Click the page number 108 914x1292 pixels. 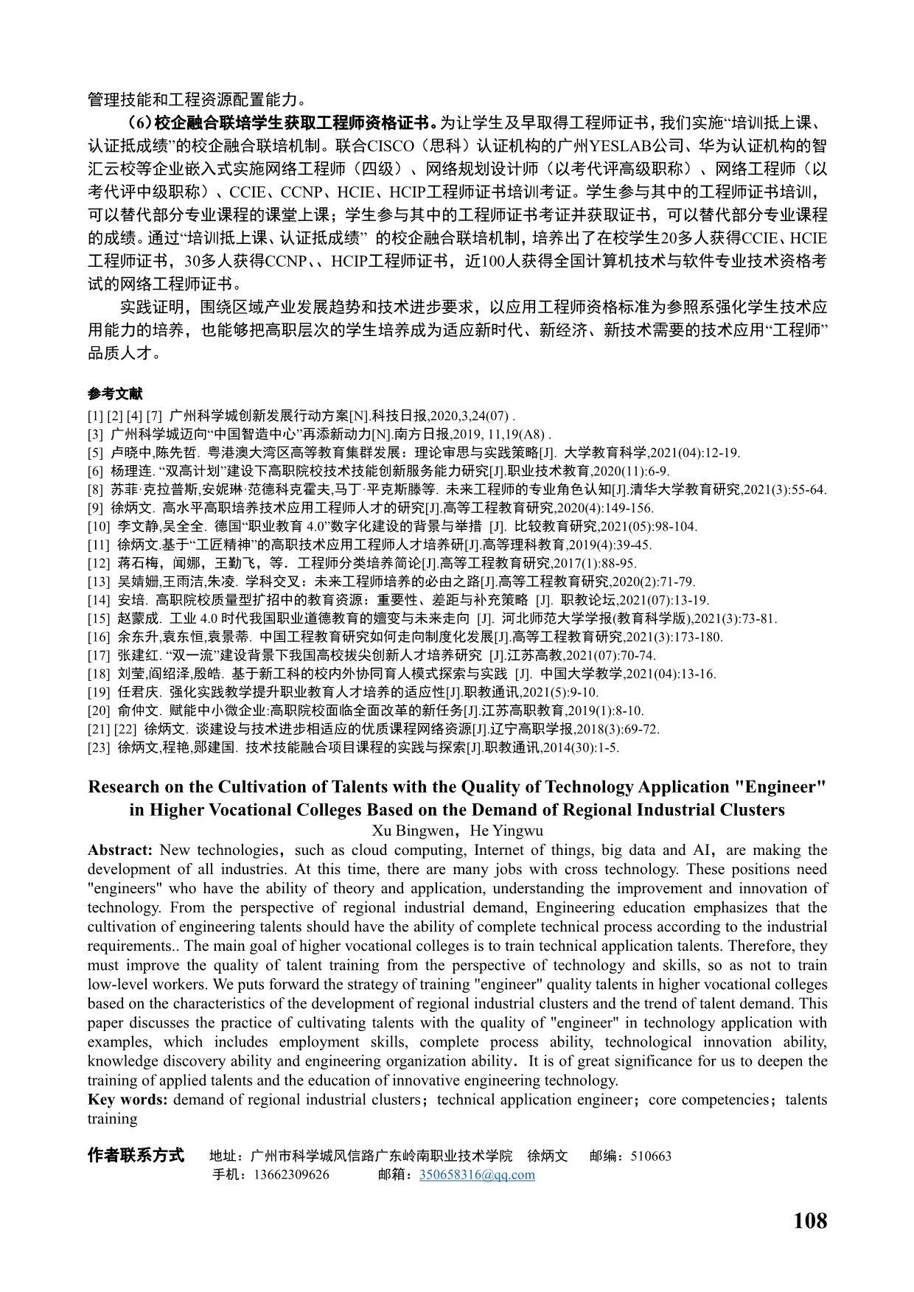[x=809, y=1221]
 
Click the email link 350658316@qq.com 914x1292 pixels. [x=477, y=1175]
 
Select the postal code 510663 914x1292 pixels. [x=651, y=1156]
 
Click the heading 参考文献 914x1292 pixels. [x=115, y=394]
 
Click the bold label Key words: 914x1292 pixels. [x=128, y=1099]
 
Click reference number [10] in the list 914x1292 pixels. [x=99, y=526]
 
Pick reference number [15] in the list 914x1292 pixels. [x=99, y=618]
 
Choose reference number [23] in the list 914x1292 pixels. [x=99, y=747]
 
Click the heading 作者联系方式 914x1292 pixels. [x=136, y=1155]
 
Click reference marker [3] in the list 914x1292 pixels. [x=95, y=434]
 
